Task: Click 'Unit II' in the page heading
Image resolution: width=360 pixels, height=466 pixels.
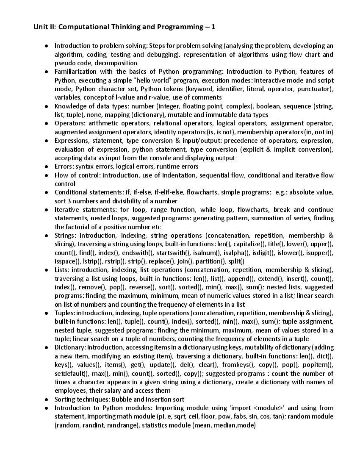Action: [x=44, y=27]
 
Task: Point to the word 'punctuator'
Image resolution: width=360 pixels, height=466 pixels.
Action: [x=316, y=89]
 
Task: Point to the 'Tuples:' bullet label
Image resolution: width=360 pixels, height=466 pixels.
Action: [x=65, y=313]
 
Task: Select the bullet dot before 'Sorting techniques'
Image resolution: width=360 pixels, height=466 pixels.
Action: [x=47, y=399]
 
